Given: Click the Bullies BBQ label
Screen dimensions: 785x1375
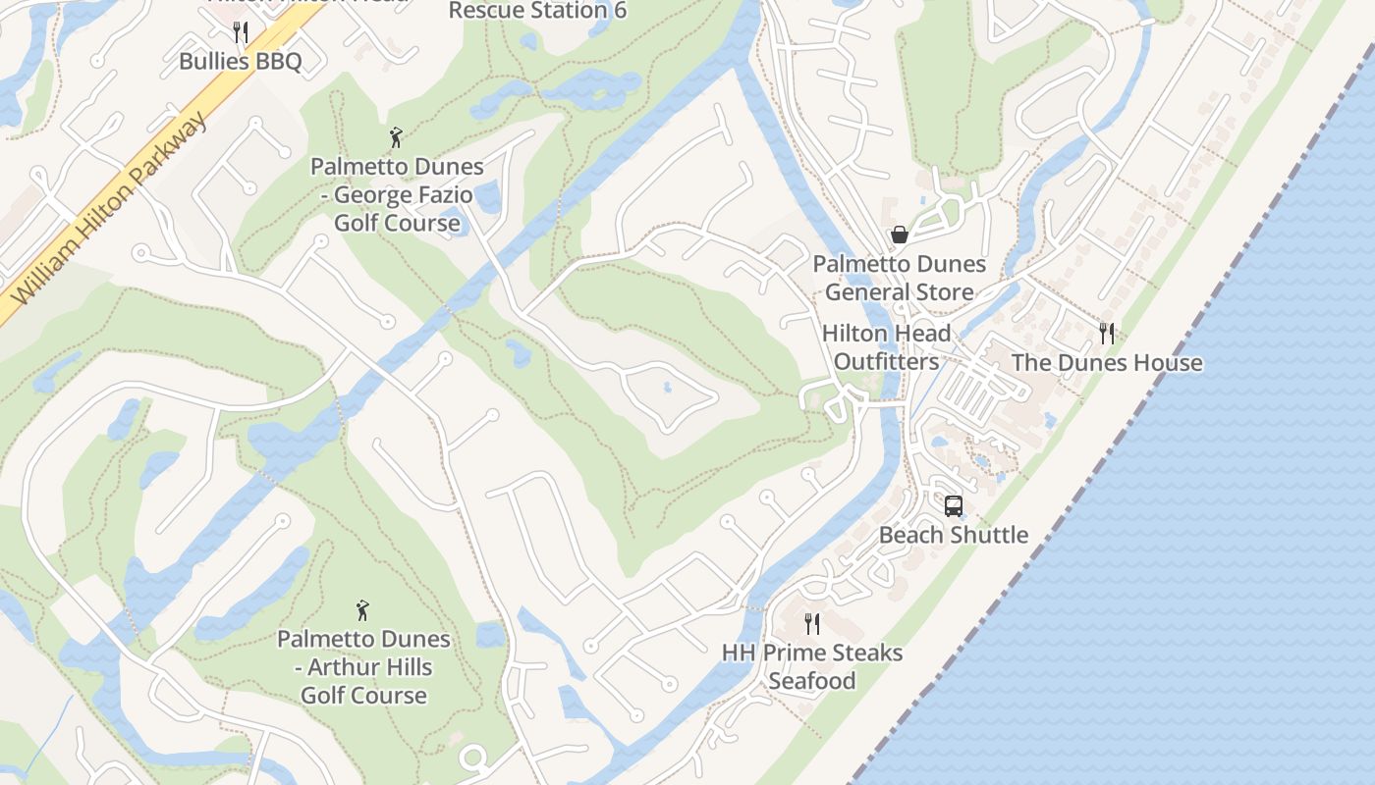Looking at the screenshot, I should pyautogui.click(x=240, y=61).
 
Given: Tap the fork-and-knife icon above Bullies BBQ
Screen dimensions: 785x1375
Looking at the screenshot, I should pyautogui.click(x=241, y=33).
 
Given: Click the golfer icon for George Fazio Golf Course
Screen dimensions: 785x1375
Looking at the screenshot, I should pyautogui.click(x=396, y=137).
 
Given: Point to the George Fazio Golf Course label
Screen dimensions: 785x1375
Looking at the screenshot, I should pyautogui.click(x=397, y=194).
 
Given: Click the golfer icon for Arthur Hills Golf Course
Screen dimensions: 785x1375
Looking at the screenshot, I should pyautogui.click(x=362, y=610).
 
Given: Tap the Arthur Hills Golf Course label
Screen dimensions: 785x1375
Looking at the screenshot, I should pyautogui.click(x=363, y=667).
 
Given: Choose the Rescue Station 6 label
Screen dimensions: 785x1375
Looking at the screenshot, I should pyautogui.click(x=537, y=11).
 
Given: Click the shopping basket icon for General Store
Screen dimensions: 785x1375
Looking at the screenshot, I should pyautogui.click(x=899, y=235).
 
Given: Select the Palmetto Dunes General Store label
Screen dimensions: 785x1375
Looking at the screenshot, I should pyautogui.click(x=899, y=278).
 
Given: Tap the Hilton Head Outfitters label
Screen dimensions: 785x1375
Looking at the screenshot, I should pyautogui.click(x=886, y=347).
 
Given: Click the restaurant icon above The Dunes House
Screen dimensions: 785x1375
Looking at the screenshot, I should pyautogui.click(x=1107, y=334).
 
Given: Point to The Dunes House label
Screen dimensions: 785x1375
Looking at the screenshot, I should pyautogui.click(x=1107, y=362).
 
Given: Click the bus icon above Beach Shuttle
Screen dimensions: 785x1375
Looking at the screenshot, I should pyautogui.click(x=953, y=506).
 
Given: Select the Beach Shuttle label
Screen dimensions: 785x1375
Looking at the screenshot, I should pyautogui.click(x=953, y=535).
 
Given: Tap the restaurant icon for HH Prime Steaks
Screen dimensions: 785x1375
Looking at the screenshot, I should pyautogui.click(x=812, y=624).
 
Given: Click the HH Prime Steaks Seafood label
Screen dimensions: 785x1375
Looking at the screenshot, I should pyautogui.click(x=812, y=666).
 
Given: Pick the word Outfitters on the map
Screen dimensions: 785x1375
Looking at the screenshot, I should pyautogui.click(x=886, y=361).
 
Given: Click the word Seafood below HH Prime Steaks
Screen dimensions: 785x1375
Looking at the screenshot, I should pyautogui.click(x=812, y=680).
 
